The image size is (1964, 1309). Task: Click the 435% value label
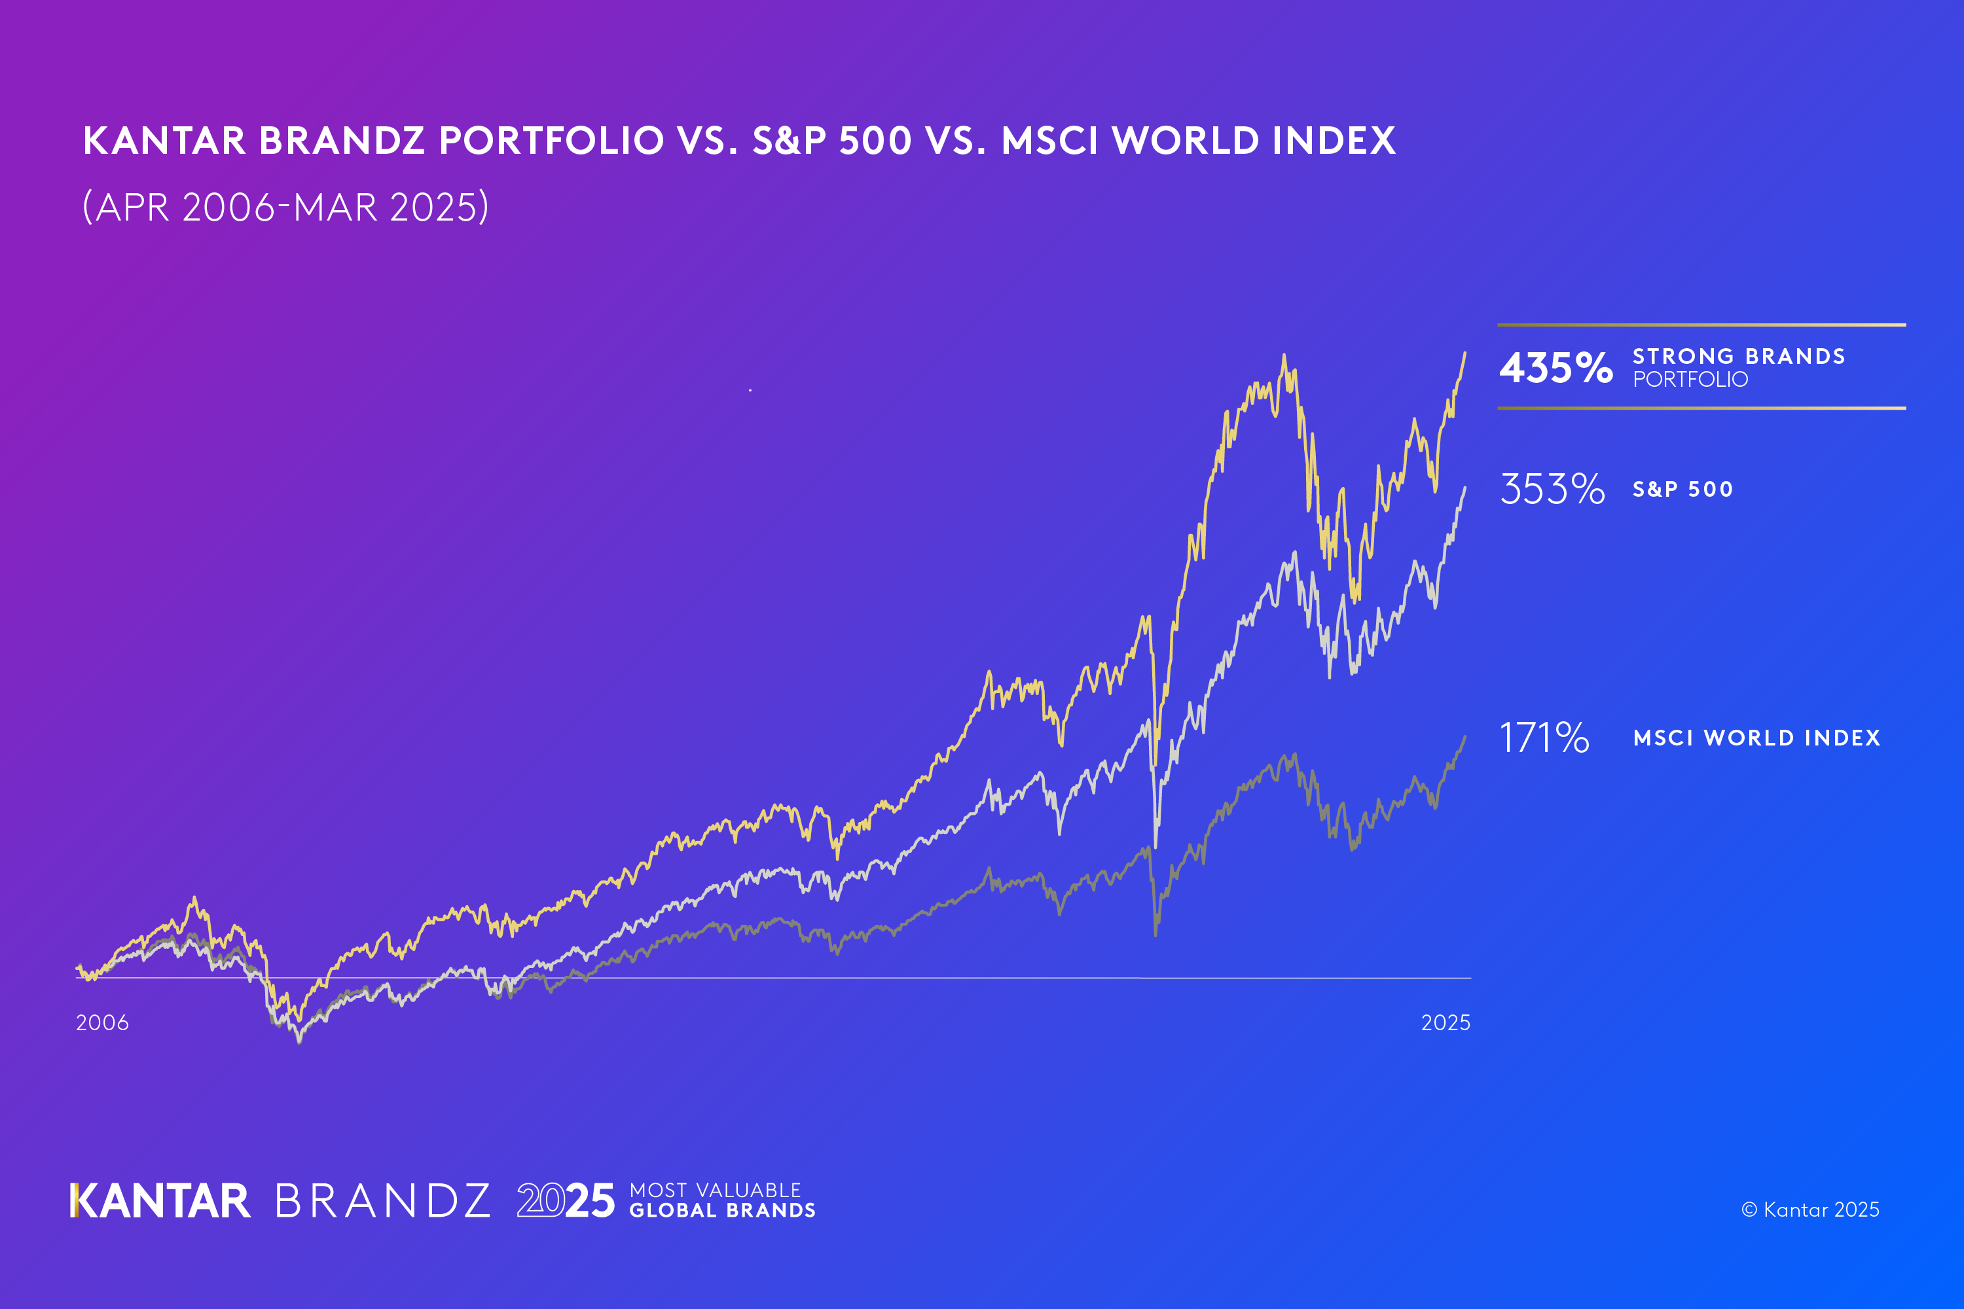(1555, 368)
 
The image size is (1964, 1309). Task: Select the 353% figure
(1552, 489)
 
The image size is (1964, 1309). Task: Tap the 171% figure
(1544, 738)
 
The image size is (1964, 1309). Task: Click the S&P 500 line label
(1682, 489)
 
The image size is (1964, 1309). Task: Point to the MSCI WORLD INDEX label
(1756, 738)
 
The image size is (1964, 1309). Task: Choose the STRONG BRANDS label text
(1739, 357)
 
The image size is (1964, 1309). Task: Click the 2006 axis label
(102, 1022)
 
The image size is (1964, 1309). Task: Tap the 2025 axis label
(1446, 1022)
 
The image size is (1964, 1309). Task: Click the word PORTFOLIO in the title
(551, 140)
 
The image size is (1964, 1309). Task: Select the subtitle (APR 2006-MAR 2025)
(285, 207)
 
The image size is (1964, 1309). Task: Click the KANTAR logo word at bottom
(160, 1201)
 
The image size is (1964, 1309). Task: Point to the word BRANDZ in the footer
(382, 1201)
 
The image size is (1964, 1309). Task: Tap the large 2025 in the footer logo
(566, 1201)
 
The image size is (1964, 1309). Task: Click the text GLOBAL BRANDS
(722, 1210)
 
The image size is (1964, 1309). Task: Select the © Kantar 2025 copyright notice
(1809, 1210)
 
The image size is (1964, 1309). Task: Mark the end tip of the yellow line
(1464, 353)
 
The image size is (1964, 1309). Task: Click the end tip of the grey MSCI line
(1464, 736)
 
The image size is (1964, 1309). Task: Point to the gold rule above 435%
(1701, 325)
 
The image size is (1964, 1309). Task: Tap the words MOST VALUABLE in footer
(715, 1190)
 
